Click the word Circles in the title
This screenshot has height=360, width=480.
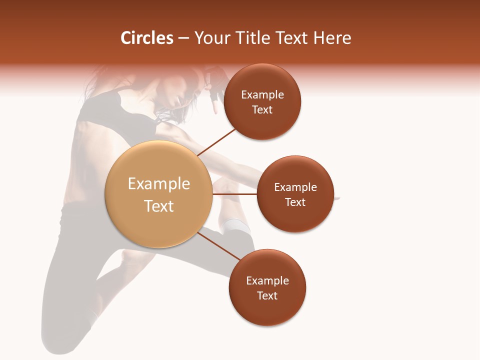[147, 38]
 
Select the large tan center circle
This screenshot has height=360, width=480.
[158, 194]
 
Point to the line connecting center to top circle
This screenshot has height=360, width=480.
[217, 141]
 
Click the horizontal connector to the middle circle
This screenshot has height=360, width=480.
[234, 194]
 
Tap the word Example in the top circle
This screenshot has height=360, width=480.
[262, 94]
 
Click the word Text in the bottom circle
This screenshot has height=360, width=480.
[267, 295]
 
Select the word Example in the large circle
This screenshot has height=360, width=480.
[159, 184]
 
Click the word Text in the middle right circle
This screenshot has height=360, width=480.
[295, 202]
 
